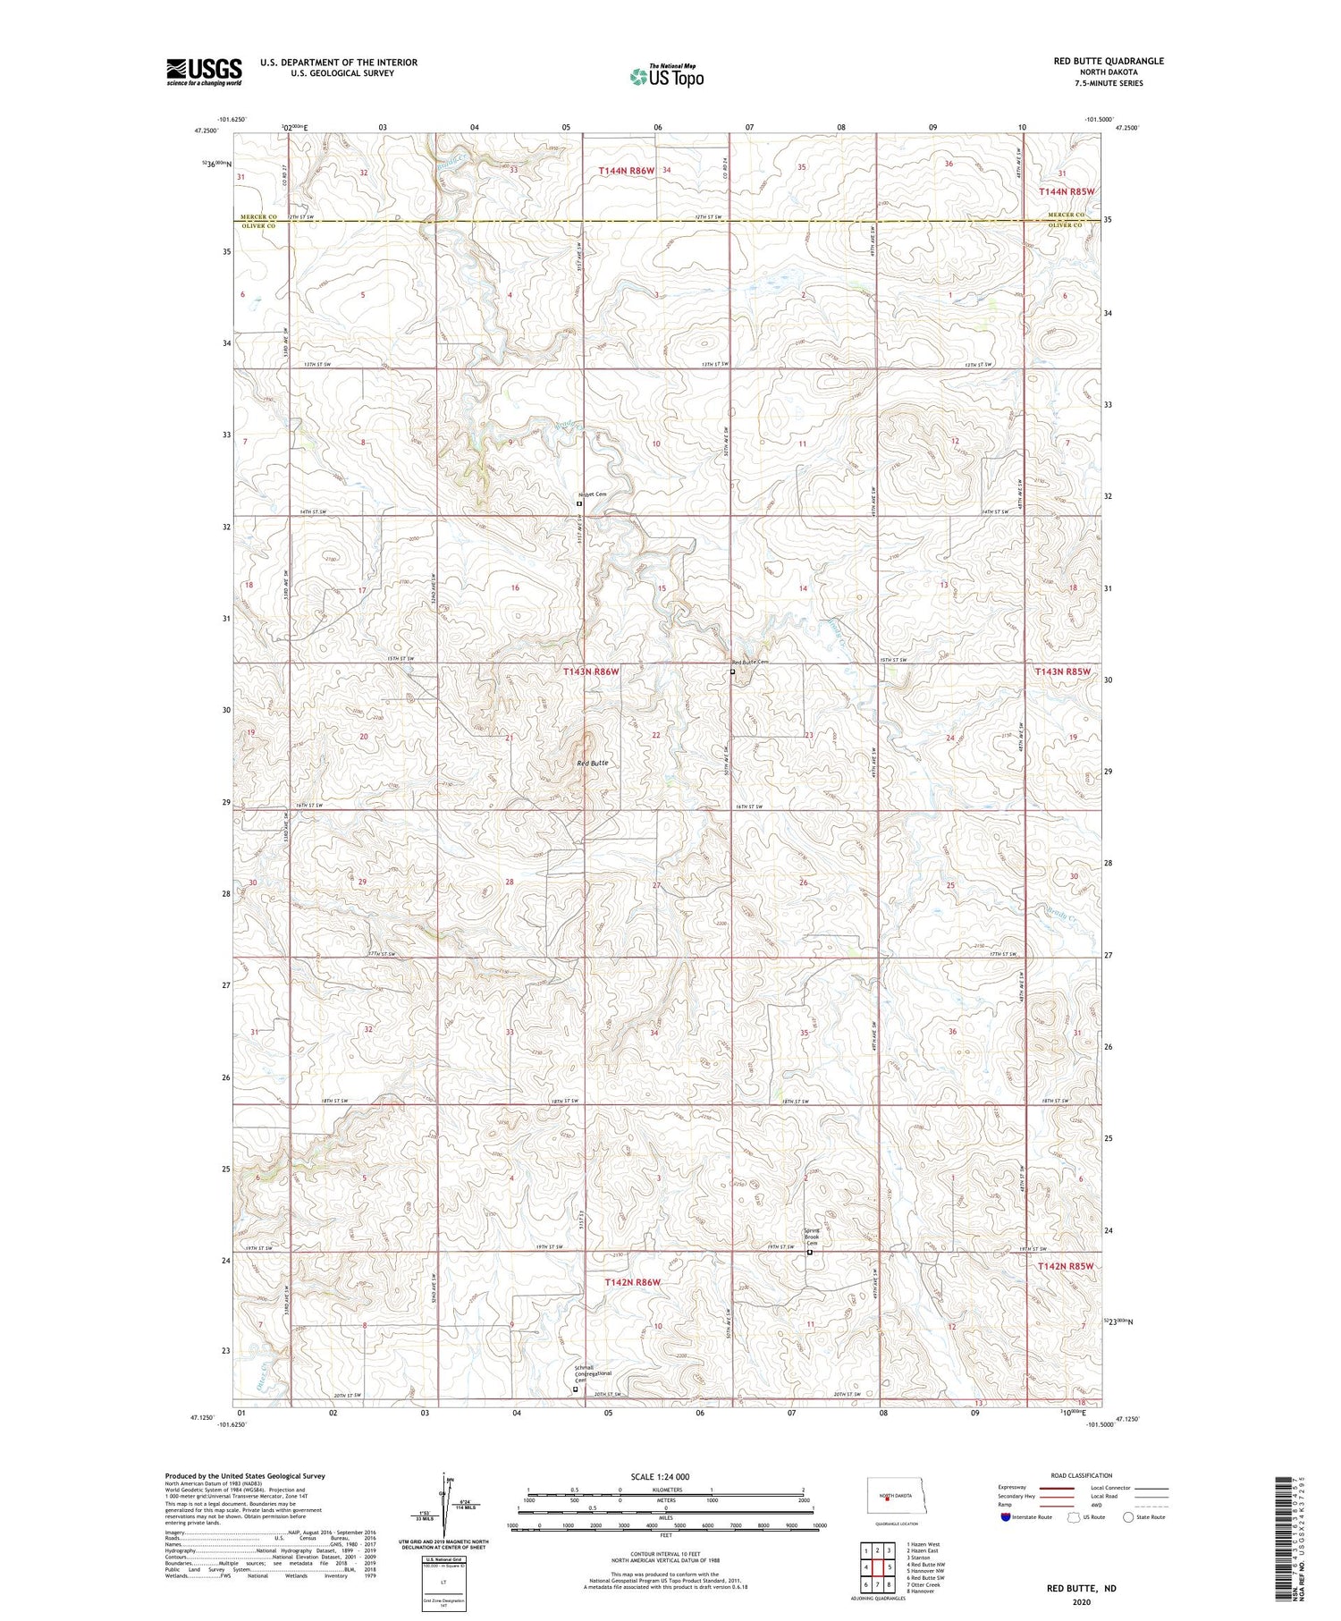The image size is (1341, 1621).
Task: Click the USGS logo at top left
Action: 204,72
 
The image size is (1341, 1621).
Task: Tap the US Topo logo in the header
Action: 667,77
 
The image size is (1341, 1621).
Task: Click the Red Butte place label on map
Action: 593,763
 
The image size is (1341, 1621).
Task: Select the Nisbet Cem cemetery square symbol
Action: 578,503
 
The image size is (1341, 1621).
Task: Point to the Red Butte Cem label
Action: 750,662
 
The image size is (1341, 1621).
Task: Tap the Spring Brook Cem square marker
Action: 810,1252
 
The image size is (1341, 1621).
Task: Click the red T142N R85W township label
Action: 1065,1266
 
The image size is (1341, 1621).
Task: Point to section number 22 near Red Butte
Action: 656,735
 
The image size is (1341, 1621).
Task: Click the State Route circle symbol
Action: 1128,1517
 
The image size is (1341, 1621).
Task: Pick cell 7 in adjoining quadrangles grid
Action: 878,1584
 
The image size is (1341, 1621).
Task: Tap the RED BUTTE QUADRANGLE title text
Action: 1109,61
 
